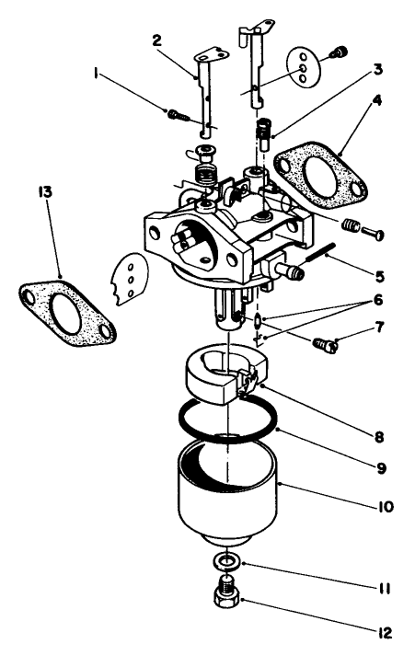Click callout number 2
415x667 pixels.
pos(156,40)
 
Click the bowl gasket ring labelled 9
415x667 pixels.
pos(194,431)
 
